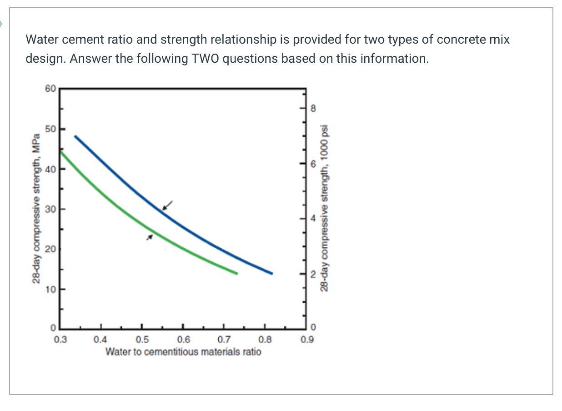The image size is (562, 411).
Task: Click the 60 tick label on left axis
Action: pos(50,89)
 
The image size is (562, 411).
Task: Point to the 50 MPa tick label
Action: pos(50,129)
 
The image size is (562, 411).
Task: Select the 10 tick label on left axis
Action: pos(50,289)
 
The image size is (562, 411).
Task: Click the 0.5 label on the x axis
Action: pos(142,339)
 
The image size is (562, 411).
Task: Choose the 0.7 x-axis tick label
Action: pos(223,339)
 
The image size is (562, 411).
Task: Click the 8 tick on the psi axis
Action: pos(312,108)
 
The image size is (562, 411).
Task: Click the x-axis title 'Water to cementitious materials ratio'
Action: pos(183,351)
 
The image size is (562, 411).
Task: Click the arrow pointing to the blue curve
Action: pos(168,205)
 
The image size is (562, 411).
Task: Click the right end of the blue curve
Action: pos(271,273)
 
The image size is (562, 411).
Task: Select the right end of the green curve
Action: pos(236,273)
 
